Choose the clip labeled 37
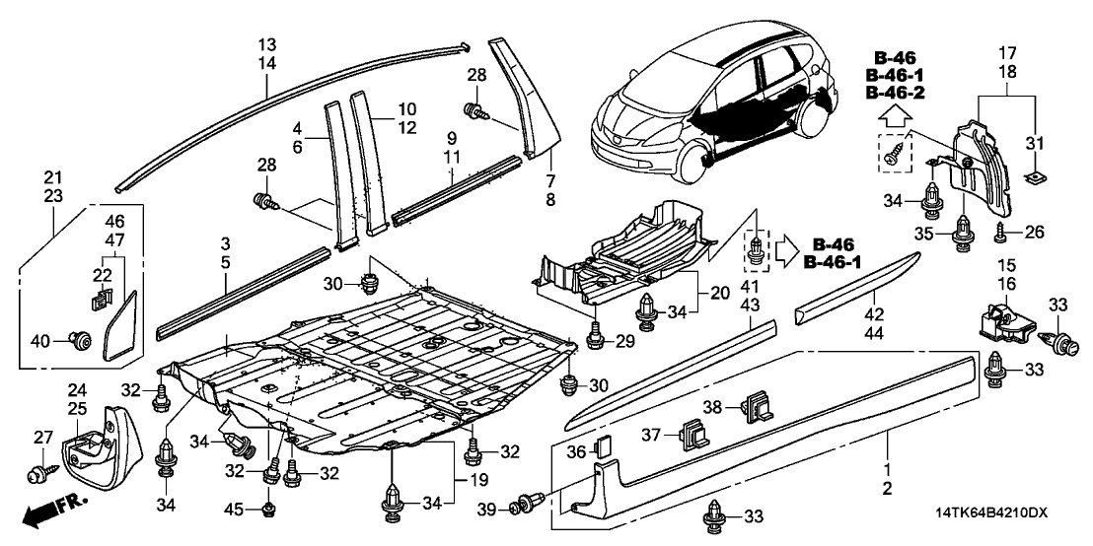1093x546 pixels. tap(692, 431)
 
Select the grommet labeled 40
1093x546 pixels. tap(82, 341)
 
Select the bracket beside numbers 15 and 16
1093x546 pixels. tap(1002, 320)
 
